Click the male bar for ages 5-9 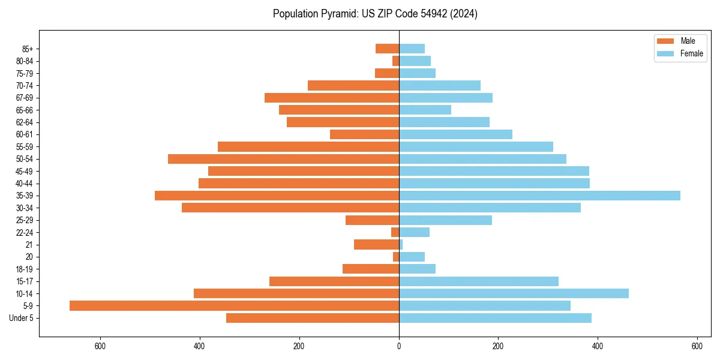[234, 306]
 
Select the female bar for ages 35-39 [539, 196]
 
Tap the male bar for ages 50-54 [283, 159]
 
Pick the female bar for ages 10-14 [514, 293]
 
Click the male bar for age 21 [376, 245]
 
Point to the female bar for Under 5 [495, 318]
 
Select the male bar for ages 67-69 [332, 98]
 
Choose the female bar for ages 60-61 [455, 134]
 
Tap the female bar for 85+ [412, 49]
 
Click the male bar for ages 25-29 [372, 220]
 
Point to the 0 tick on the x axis [399, 346]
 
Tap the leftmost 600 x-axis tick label [100, 346]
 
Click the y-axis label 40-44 [24, 184]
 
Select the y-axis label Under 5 [21, 318]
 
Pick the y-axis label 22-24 [24, 232]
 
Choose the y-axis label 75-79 [24, 73]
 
